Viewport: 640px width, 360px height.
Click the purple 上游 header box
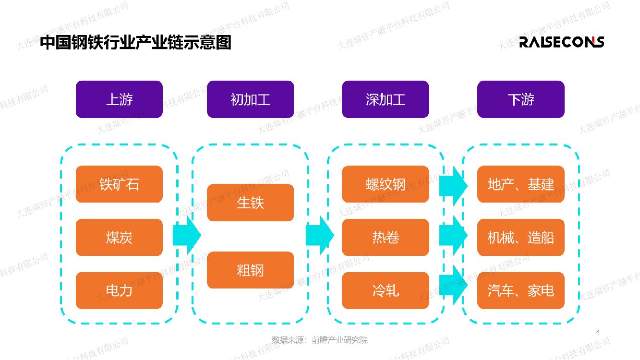click(x=119, y=99)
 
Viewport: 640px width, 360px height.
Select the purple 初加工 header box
click(x=250, y=99)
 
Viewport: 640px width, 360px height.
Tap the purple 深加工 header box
click(x=385, y=99)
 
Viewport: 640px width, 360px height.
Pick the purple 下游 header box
click(x=520, y=99)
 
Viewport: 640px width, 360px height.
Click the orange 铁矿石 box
click(x=119, y=184)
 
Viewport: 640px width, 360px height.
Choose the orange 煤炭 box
click(x=119, y=238)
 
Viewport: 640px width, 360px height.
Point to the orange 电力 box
click(x=119, y=290)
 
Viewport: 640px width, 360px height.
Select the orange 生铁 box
click(x=250, y=203)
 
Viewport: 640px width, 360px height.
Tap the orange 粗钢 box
click(x=250, y=270)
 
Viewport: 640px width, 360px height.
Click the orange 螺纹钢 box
click(x=385, y=184)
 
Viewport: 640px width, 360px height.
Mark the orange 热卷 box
click(x=385, y=238)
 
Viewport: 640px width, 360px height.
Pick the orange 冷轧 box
click(x=385, y=290)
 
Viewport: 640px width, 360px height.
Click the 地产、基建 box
click(x=520, y=184)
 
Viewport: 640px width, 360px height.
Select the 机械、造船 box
click(x=520, y=238)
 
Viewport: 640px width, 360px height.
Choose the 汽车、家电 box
click(x=520, y=290)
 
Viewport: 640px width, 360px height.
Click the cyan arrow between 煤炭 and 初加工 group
click(x=186, y=235)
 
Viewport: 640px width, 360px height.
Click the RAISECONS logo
click(x=561, y=42)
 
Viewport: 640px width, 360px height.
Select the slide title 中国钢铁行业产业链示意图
click(x=135, y=43)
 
